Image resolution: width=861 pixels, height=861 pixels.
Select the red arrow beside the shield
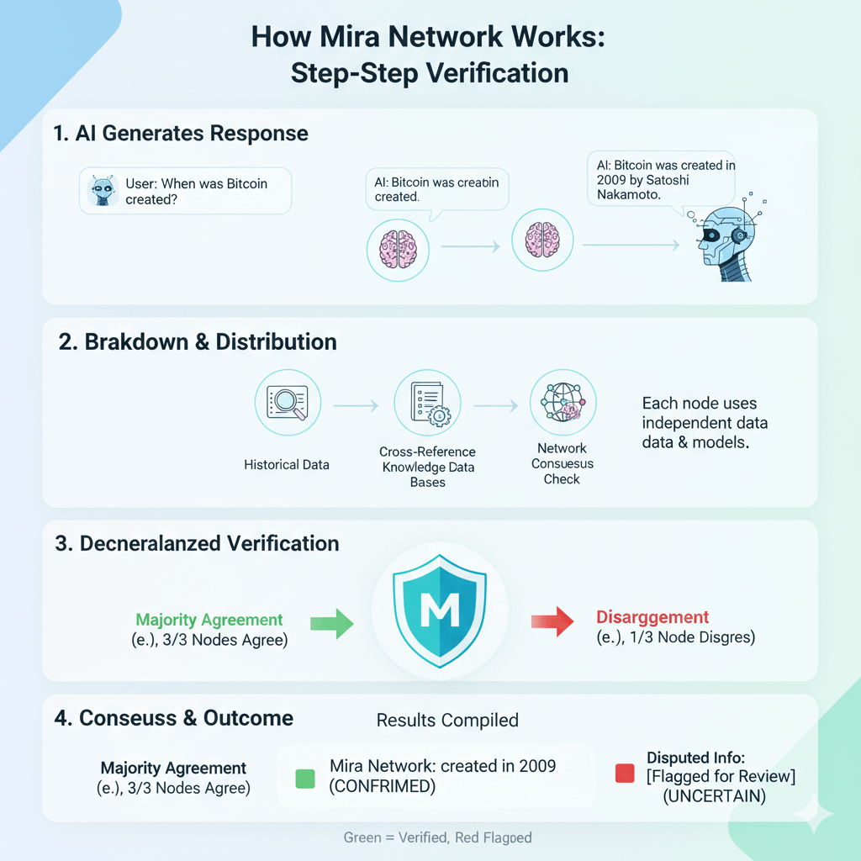(552, 621)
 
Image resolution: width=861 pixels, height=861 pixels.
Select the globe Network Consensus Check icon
(563, 402)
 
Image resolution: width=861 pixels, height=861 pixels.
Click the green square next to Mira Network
(306, 779)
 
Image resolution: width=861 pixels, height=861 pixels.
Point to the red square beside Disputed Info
(624, 774)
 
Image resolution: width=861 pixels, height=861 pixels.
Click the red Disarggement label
(652, 617)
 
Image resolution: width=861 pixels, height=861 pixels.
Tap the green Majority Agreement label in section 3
(209, 621)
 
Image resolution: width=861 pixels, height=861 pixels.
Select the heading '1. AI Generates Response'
(182, 134)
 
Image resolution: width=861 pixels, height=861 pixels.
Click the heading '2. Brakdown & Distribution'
(196, 342)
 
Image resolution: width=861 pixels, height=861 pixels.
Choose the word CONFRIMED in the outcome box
(383, 785)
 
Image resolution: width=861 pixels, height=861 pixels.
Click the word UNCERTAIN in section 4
(714, 796)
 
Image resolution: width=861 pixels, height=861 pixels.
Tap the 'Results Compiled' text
(447, 721)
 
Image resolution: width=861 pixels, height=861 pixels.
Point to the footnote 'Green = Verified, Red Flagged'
(438, 837)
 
